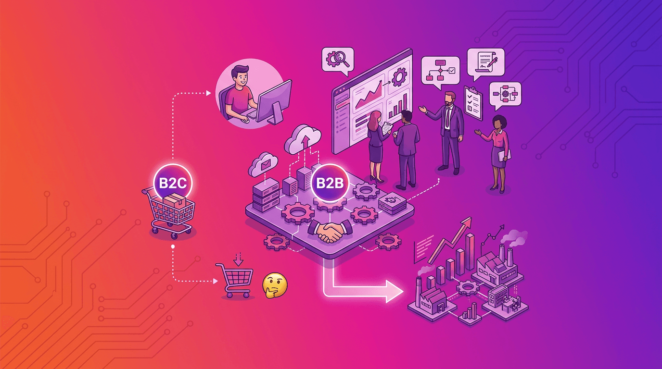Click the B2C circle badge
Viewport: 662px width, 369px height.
coord(173,183)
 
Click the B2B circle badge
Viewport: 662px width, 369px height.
coord(330,183)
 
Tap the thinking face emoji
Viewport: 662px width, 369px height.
coord(275,285)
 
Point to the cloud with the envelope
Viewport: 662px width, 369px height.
coord(263,164)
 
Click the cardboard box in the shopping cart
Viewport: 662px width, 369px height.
coord(175,201)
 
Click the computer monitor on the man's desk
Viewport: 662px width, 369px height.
coord(273,102)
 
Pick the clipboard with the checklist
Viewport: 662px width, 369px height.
coord(473,103)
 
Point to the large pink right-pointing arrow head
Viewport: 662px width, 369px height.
coord(395,292)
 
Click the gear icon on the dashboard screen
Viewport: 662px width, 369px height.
coord(399,77)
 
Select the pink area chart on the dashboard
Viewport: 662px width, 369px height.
coord(369,95)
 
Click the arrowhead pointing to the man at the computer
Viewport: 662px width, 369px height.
coord(209,93)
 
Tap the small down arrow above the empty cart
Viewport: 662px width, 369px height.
coord(238,259)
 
